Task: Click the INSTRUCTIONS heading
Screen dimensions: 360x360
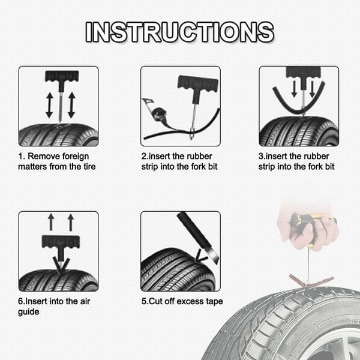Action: (180, 32)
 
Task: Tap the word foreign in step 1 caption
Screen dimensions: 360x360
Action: (76, 157)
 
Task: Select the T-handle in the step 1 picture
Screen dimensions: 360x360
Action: (62, 80)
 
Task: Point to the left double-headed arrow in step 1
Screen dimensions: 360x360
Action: (49, 106)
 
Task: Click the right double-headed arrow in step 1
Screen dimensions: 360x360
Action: (71, 105)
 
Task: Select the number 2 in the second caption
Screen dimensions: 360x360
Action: (144, 157)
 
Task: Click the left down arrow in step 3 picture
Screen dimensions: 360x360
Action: (294, 89)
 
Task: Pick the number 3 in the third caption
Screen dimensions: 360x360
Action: (261, 157)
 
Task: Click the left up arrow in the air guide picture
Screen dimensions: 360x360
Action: (51, 222)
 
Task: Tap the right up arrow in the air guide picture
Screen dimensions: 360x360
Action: (71, 222)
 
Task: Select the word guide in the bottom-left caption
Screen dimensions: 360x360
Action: (28, 312)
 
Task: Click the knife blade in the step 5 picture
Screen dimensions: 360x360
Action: (212, 254)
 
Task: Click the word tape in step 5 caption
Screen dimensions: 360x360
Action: (214, 302)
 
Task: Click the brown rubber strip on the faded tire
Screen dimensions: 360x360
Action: (311, 281)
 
